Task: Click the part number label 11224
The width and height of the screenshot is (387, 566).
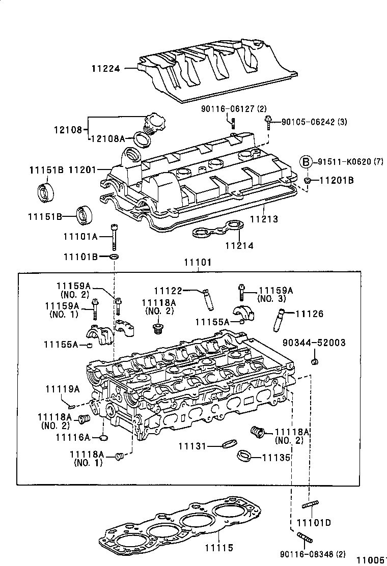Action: pyautogui.click(x=106, y=68)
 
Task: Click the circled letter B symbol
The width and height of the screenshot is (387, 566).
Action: pyautogui.click(x=304, y=162)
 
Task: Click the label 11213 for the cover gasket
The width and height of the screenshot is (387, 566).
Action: pyautogui.click(x=264, y=219)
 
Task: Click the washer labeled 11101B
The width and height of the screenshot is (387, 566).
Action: pyautogui.click(x=115, y=256)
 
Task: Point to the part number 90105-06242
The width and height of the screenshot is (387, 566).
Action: pyautogui.click(x=321, y=122)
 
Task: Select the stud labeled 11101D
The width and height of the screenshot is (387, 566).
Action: pyautogui.click(x=310, y=504)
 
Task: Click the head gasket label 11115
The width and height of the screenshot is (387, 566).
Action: pyautogui.click(x=218, y=548)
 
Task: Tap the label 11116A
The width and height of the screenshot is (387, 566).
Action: pyautogui.click(x=73, y=437)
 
